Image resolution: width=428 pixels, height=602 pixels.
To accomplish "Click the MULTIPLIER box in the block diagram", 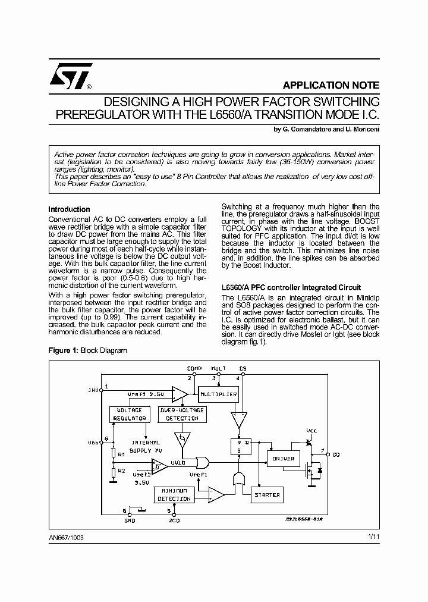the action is pos(218,394).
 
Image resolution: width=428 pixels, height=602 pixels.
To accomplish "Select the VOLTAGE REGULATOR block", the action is pos(130,414).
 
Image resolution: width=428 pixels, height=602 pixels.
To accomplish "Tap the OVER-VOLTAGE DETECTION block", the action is pos(182,414).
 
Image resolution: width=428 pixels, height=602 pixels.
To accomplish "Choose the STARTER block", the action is pos(266,494).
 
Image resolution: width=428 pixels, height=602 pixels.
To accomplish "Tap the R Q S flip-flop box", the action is pos(240,446).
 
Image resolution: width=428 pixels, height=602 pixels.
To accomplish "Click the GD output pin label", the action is pos(336,455).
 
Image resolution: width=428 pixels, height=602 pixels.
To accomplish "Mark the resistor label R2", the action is pos(121,471).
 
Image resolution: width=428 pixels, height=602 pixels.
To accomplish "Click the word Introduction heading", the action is pos(69,209).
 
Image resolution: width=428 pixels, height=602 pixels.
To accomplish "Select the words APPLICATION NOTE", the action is pos(331,84).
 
